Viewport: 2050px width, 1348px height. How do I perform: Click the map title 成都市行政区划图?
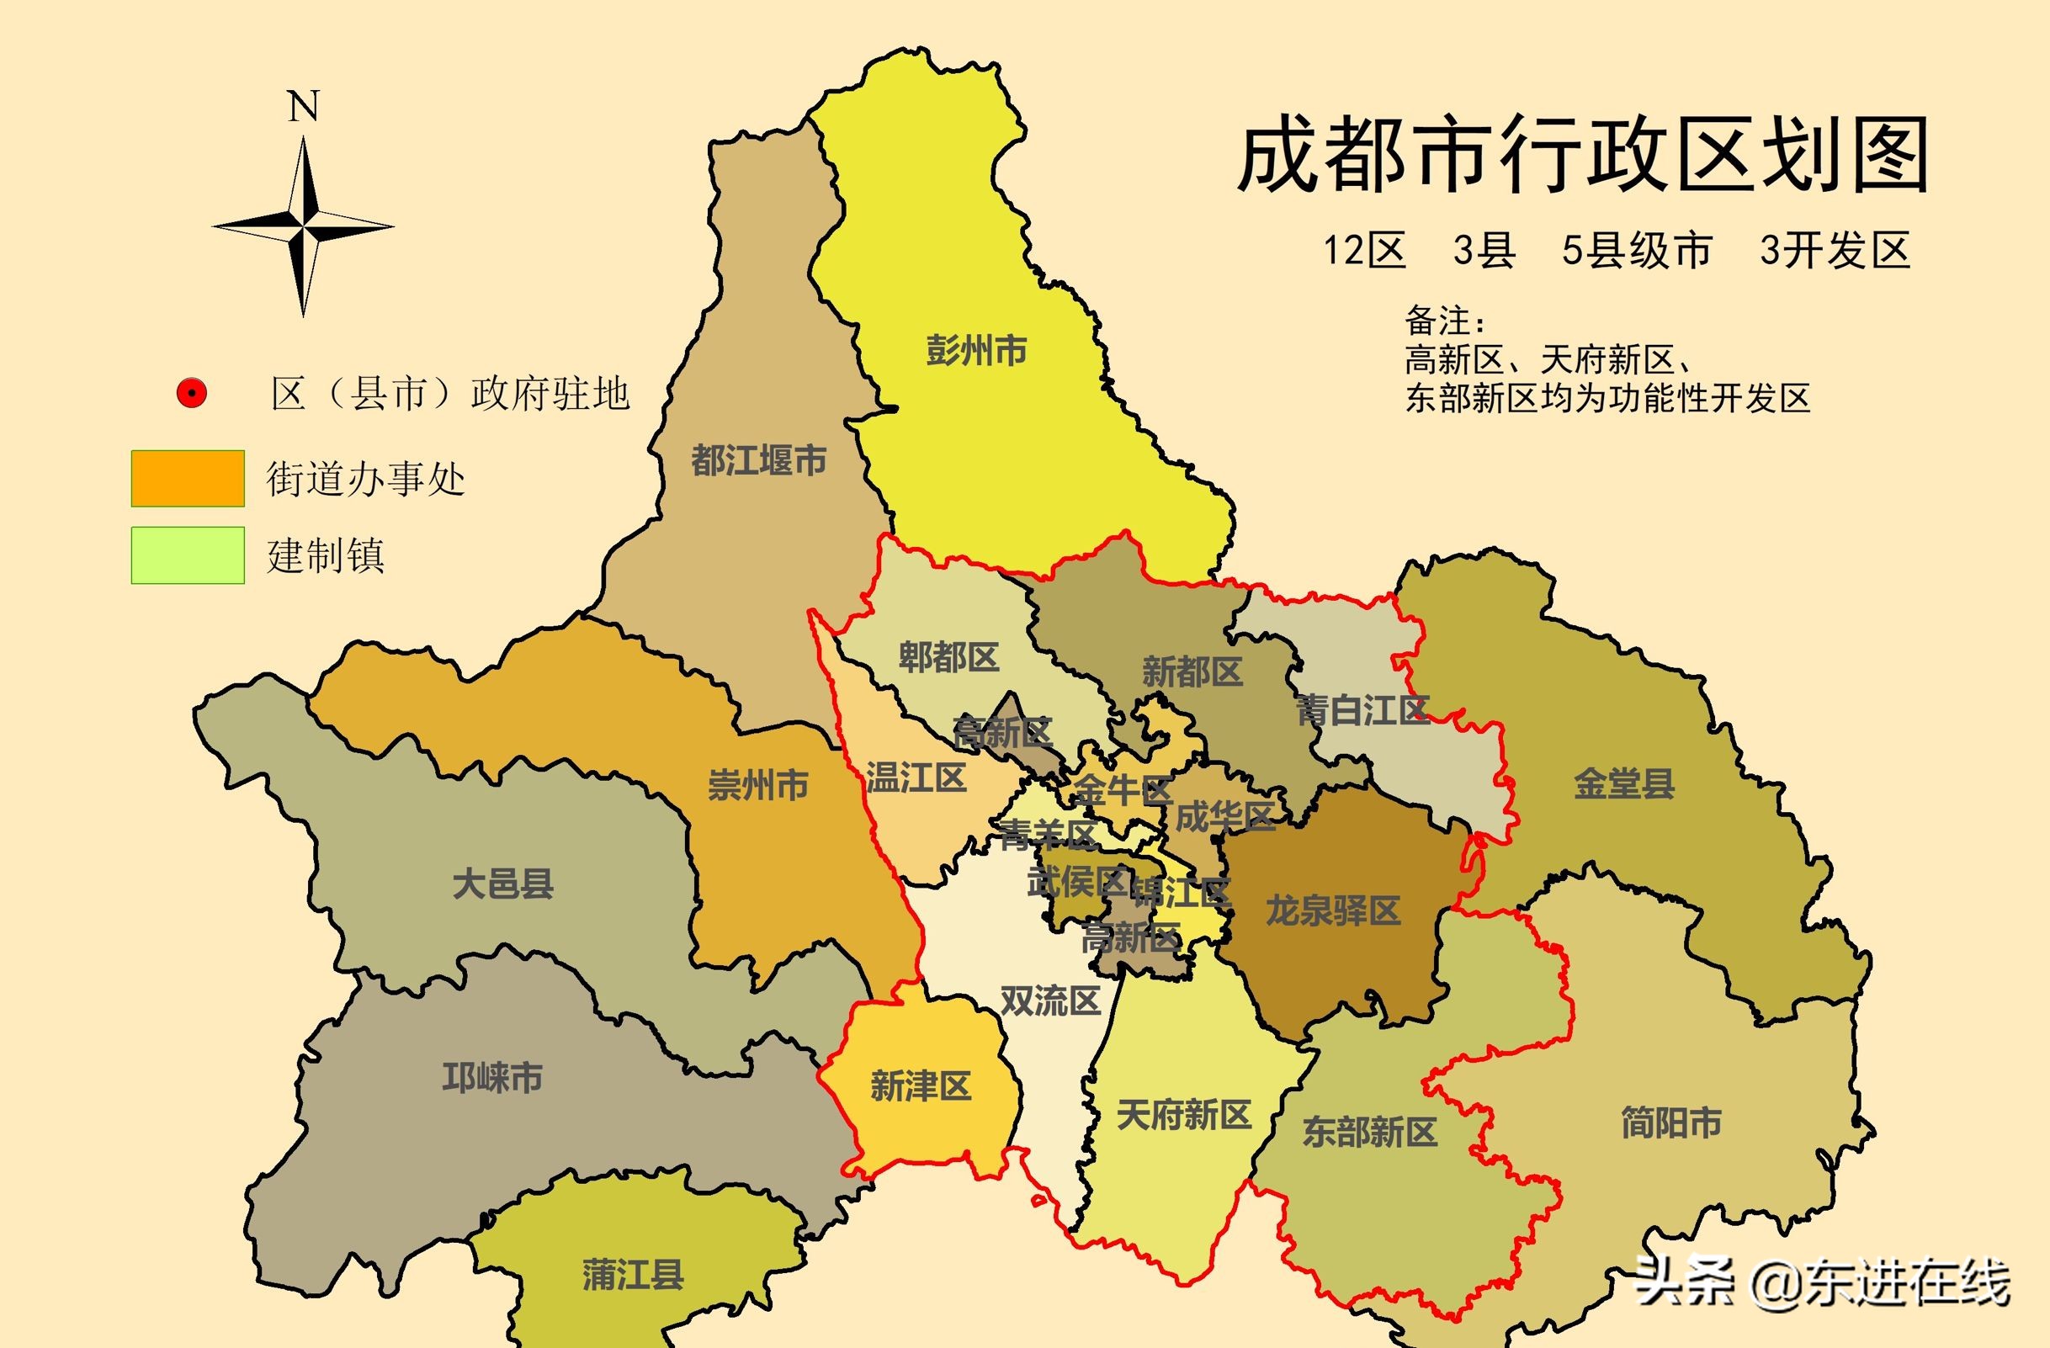click(1583, 158)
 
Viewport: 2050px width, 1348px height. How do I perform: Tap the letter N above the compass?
click(303, 108)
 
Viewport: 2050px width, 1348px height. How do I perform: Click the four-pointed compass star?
click(303, 227)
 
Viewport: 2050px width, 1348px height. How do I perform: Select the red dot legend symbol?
click(190, 394)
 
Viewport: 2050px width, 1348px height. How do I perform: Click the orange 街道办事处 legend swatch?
click(188, 478)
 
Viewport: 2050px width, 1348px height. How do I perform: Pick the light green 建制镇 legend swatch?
click(188, 555)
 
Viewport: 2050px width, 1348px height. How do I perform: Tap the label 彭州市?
click(976, 351)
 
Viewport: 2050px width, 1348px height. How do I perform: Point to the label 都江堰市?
click(759, 461)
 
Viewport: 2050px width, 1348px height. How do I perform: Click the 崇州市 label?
click(758, 786)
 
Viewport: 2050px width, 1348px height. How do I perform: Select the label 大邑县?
click(503, 884)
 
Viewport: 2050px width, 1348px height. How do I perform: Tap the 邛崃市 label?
click(491, 1078)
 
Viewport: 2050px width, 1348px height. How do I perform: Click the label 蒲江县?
click(633, 1275)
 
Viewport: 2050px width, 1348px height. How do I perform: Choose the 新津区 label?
click(921, 1086)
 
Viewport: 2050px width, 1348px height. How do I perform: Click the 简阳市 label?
click(1672, 1123)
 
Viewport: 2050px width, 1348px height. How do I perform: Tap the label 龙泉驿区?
click(1333, 910)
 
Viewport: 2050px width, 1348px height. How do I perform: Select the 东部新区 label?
click(1370, 1132)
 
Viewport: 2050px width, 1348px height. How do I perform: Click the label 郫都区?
click(948, 658)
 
